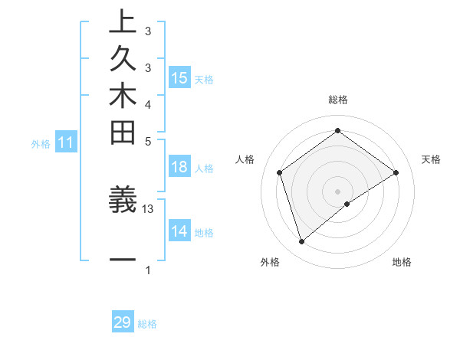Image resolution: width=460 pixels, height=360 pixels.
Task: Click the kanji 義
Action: pyautogui.click(x=122, y=199)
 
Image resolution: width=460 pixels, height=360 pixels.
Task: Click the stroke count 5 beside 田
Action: pyautogui.click(x=148, y=141)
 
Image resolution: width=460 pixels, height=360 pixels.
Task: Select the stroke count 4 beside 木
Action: pyautogui.click(x=148, y=103)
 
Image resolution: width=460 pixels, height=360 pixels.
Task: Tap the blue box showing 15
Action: pyautogui.click(x=179, y=77)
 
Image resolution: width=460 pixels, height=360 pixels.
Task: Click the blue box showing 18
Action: pyautogui.click(x=179, y=168)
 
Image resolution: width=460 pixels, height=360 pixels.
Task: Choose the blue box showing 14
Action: pyautogui.click(x=179, y=232)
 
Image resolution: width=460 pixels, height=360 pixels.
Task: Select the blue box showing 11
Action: pyautogui.click(x=66, y=142)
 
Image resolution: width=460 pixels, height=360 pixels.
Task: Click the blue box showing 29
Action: pyautogui.click(x=123, y=322)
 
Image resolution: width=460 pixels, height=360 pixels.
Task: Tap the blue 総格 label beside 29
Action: pyautogui.click(x=148, y=324)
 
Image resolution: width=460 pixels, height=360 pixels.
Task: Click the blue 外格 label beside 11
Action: pyautogui.click(x=41, y=143)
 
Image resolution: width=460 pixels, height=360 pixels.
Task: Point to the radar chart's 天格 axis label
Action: pyautogui.click(x=431, y=159)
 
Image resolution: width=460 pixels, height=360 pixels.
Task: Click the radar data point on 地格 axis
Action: pyautogui.click(x=347, y=204)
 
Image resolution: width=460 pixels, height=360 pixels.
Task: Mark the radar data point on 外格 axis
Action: pyautogui.click(x=301, y=242)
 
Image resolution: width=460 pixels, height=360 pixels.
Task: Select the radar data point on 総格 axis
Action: pyautogui.click(x=337, y=130)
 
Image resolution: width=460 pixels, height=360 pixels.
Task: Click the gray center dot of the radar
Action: pyautogui.click(x=337, y=191)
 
